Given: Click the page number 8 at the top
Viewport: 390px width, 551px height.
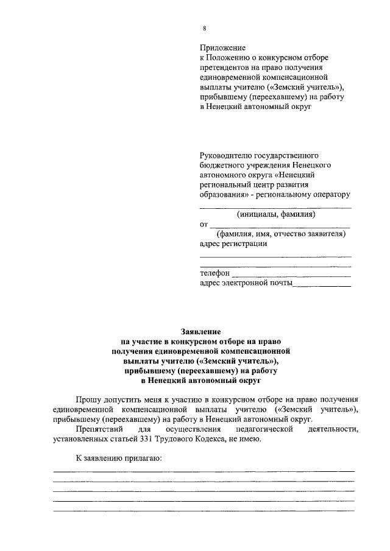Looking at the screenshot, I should [204, 29].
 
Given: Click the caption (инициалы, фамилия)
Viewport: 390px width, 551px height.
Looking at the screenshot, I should [275, 214].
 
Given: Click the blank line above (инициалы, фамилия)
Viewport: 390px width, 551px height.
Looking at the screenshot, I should [275, 207].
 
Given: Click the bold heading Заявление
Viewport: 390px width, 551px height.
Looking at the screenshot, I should [202, 332].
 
